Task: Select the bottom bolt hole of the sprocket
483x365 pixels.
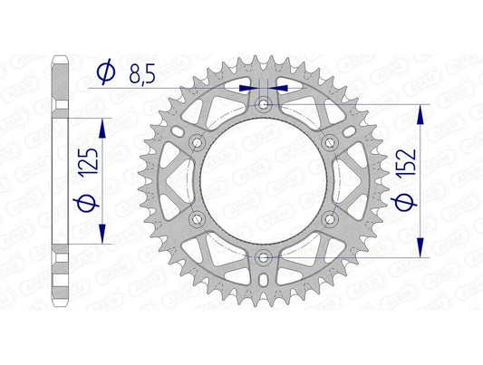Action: [x=263, y=257]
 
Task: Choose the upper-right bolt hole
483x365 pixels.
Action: [x=329, y=143]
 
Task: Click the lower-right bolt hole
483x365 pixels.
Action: [x=329, y=219]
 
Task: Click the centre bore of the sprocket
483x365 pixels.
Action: [x=263, y=181]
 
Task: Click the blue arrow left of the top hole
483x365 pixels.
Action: [x=247, y=89]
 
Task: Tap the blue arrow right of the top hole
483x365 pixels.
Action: [x=278, y=89]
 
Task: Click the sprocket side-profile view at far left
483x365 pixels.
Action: [x=61, y=181]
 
